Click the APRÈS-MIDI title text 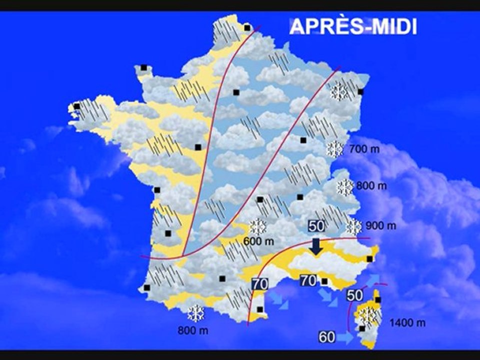coord(353,26)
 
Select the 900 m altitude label coord(381,226)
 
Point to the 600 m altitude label coord(258,241)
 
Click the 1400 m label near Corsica coord(408,323)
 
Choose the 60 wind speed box coord(326,337)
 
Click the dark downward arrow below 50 coord(316,246)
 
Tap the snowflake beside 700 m coord(334,149)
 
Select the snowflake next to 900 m coord(353,226)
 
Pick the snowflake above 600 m coord(257,227)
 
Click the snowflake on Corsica coord(369,315)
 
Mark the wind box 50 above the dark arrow coord(316,225)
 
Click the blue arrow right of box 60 coord(345,338)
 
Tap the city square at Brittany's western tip coord(77,106)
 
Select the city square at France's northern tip coord(247,28)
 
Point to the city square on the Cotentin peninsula coord(144,67)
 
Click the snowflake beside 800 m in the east coord(345,186)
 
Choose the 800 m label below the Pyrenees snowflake coord(192,330)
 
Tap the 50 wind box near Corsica coord(354,295)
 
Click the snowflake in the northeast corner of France coord(339,92)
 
